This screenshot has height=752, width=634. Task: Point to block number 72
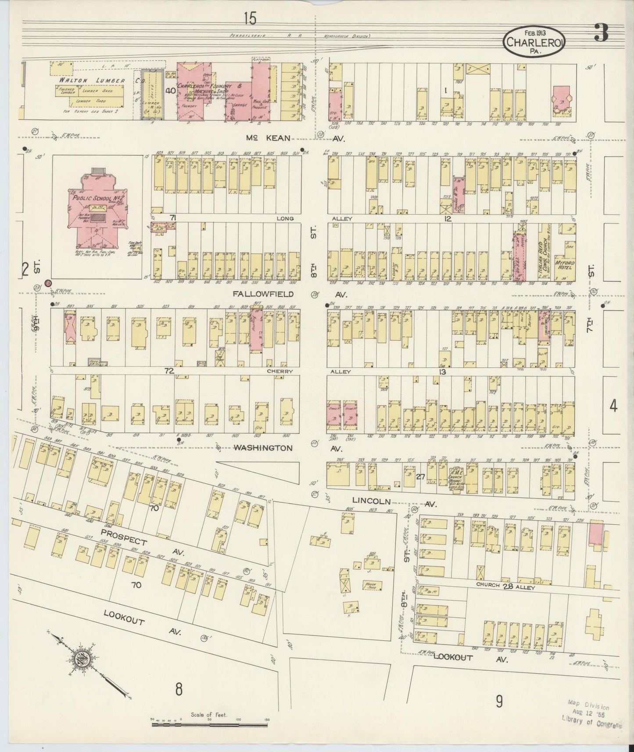tap(169, 371)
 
